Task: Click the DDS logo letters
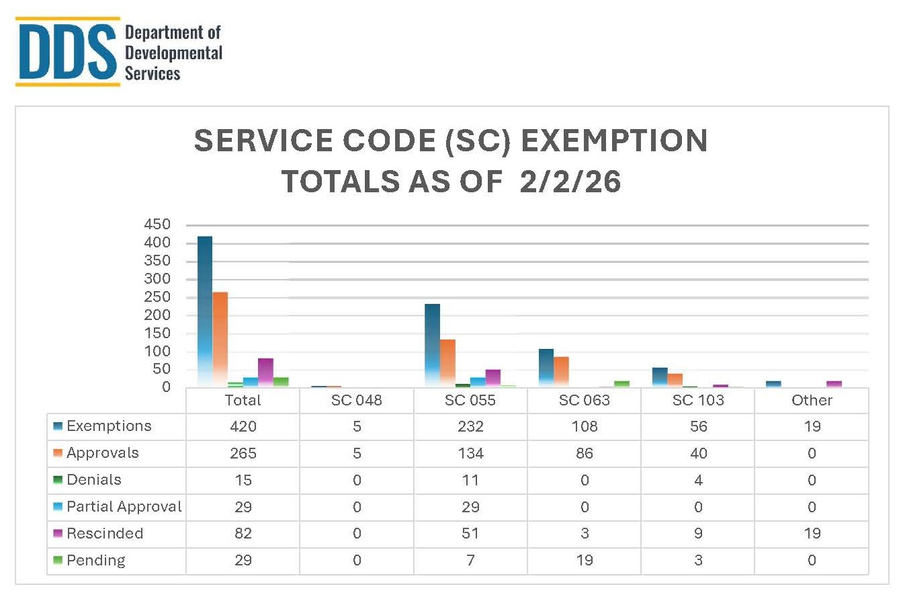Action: [66, 52]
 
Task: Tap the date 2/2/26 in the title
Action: [570, 182]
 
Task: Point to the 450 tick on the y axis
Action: [157, 225]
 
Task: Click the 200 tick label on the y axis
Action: [157, 315]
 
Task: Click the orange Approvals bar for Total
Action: [220, 340]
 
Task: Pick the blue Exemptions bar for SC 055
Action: [432, 344]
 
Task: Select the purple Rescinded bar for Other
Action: [834, 384]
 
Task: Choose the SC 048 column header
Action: [356, 401]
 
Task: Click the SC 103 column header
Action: [698, 401]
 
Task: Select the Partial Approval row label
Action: [124, 507]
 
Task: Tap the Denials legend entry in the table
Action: [94, 480]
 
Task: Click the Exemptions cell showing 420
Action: [243, 427]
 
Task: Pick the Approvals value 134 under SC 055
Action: [470, 454]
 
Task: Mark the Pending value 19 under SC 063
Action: [585, 561]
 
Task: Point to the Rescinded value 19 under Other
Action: [812, 534]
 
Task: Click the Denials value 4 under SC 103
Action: [698, 480]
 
